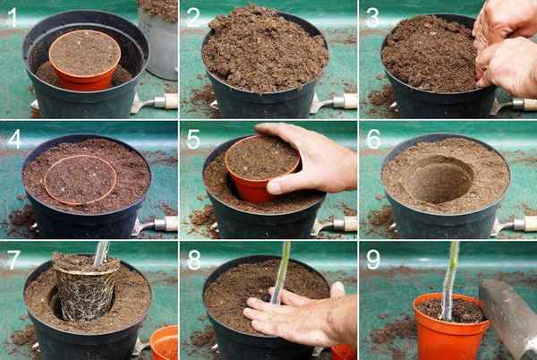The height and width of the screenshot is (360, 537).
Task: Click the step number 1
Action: click(x=12, y=17)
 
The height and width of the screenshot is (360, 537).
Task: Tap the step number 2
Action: click(x=192, y=18)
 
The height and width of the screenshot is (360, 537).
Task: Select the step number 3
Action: click(x=372, y=18)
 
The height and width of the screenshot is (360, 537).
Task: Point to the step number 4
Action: click(x=14, y=139)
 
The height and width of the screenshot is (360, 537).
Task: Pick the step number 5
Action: click(x=193, y=139)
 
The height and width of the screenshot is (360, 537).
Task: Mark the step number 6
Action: click(x=373, y=139)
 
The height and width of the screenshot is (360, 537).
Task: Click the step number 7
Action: click(x=13, y=260)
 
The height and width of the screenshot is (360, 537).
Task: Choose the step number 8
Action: click(x=194, y=260)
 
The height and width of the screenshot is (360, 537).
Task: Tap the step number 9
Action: click(x=373, y=260)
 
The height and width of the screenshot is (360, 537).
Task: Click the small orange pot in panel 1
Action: click(x=85, y=60)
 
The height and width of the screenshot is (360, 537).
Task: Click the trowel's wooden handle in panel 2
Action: click(x=345, y=101)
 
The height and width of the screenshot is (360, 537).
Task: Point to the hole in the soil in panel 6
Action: click(x=442, y=180)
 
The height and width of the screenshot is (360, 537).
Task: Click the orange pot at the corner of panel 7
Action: click(x=165, y=342)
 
